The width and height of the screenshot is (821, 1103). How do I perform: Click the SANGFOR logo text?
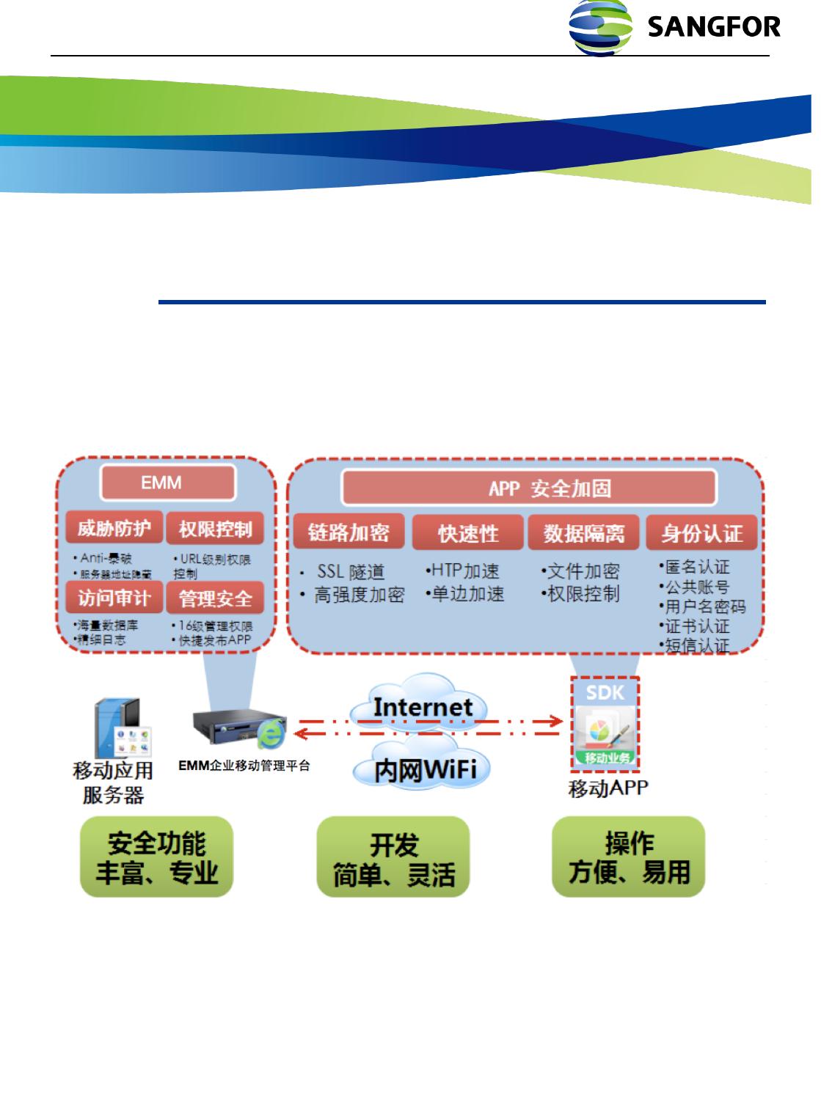(x=714, y=28)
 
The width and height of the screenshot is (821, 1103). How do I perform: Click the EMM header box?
(x=167, y=483)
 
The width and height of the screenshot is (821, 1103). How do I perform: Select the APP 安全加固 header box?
(x=529, y=488)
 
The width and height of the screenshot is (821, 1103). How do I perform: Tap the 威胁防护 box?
(x=114, y=528)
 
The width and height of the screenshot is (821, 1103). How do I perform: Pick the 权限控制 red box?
(x=215, y=528)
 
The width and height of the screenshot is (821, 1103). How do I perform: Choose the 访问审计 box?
(x=114, y=598)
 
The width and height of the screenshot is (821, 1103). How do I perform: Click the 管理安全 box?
(x=215, y=598)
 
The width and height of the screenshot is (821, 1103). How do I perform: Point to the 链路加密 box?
(x=349, y=532)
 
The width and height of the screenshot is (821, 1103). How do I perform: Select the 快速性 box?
(x=468, y=533)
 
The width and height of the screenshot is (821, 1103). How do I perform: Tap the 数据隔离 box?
(x=584, y=533)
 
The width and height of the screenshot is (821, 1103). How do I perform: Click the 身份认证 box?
(x=701, y=533)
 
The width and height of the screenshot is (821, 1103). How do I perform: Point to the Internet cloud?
(x=423, y=707)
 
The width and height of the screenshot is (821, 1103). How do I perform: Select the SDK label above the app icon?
(x=605, y=692)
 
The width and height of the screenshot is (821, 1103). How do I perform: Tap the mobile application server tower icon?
(x=117, y=730)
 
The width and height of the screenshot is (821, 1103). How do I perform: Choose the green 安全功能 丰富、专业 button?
(x=156, y=857)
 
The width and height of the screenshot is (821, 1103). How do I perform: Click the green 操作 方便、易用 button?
(x=629, y=857)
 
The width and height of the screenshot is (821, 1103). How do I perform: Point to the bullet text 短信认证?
(x=696, y=646)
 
